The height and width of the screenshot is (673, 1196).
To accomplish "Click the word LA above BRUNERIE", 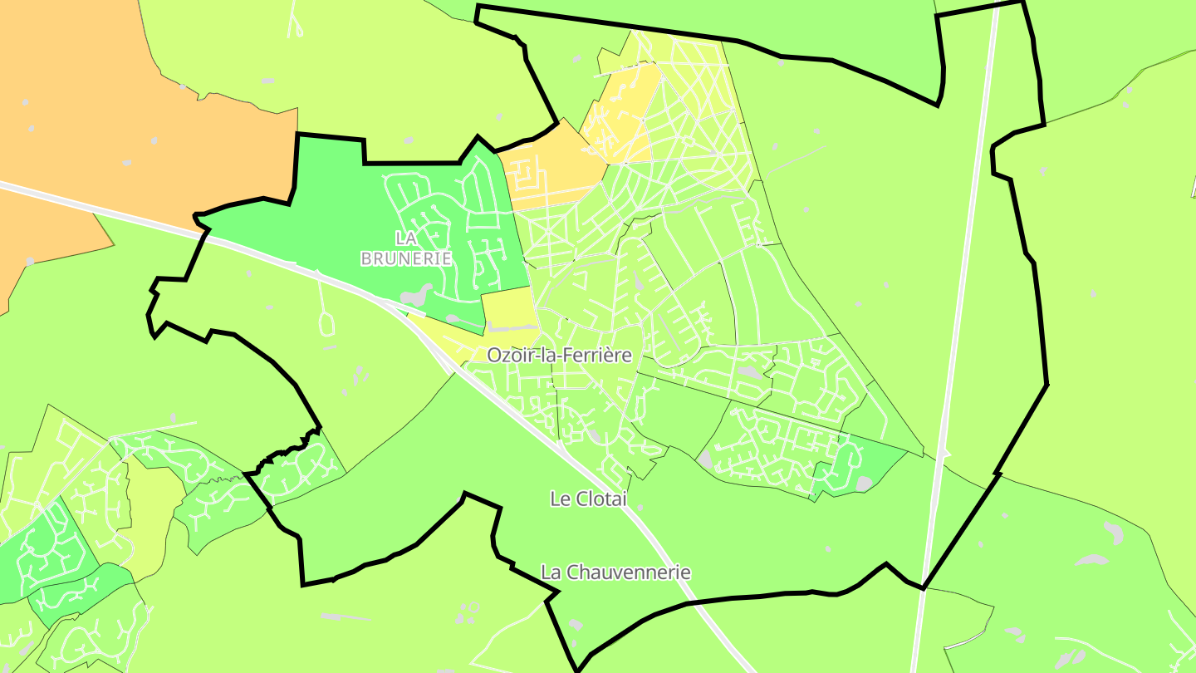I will [406, 238].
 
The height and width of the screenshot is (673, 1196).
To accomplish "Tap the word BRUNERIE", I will [406, 258].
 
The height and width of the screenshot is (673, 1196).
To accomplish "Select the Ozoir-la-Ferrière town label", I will [559, 356].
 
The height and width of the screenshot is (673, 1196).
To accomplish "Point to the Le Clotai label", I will [588, 499].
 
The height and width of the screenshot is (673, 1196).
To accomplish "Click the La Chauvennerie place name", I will [615, 572].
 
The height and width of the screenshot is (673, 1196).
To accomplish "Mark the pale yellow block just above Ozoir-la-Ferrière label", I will [508, 308].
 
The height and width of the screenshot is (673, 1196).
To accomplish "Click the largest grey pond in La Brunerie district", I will [415, 296].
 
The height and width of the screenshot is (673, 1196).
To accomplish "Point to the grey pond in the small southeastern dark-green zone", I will [864, 483].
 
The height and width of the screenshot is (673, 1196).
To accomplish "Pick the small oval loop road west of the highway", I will [326, 320].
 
